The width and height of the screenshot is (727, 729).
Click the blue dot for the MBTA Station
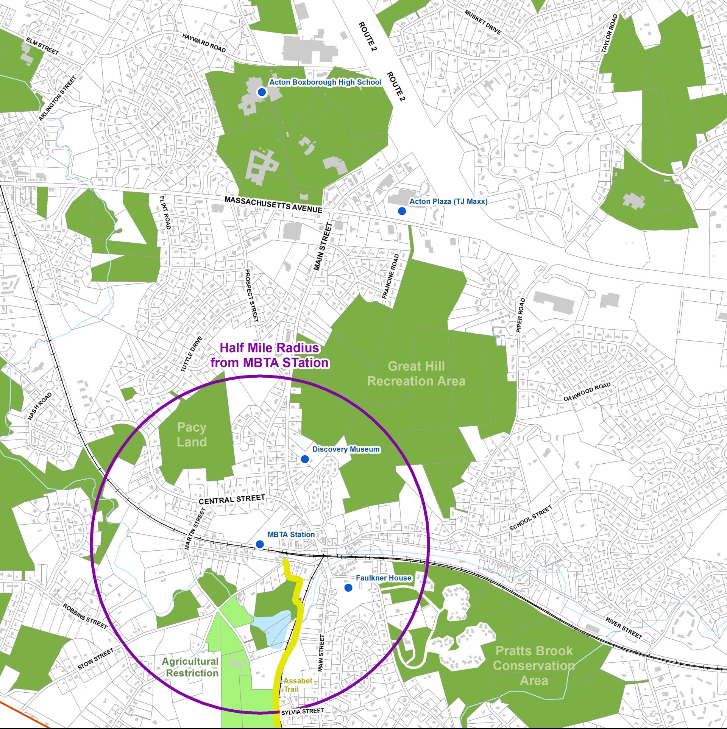click(x=260, y=544)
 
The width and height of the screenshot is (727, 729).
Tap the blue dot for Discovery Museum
click(x=305, y=459)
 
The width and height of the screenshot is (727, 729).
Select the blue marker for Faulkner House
click(x=348, y=587)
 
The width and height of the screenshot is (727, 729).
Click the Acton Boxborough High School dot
click(x=261, y=92)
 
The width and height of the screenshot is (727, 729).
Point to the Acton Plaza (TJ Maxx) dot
click(x=402, y=211)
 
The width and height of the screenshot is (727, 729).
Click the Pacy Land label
click(x=192, y=435)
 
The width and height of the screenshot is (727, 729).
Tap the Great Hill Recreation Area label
click(x=416, y=374)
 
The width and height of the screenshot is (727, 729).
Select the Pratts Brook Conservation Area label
click(x=534, y=665)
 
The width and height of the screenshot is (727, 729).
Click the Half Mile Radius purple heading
click(x=269, y=355)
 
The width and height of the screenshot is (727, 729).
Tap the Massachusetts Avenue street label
click(x=273, y=204)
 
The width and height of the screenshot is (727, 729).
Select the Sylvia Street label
click(x=302, y=712)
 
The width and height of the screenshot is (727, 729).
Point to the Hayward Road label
click(x=204, y=43)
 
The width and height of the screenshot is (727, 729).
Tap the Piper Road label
click(x=521, y=315)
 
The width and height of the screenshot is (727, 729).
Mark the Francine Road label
click(x=390, y=276)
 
